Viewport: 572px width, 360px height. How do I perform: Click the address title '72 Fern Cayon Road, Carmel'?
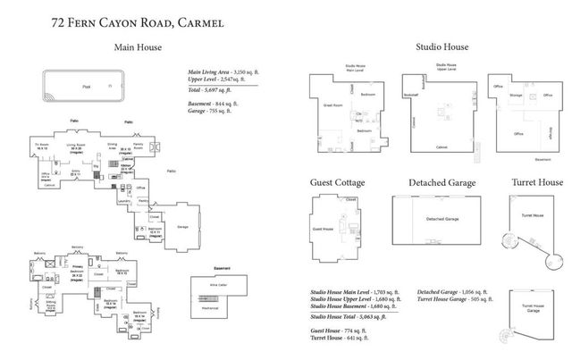coord(138,19)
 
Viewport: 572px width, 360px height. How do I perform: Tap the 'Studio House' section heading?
coord(442,47)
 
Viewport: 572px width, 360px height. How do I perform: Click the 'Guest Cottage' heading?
coord(336,182)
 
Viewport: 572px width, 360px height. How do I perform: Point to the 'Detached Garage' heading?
coord(442,182)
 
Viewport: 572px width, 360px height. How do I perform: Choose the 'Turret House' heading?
coord(536,182)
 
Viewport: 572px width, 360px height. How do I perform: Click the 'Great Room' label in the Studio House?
coord(333,106)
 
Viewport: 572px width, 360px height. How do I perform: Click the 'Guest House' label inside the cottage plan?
coord(324,231)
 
